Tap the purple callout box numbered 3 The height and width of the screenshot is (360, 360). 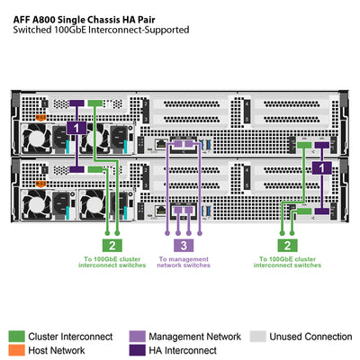[183, 245]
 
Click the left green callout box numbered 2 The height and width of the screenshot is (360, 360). [110, 245]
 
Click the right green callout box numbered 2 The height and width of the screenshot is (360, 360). [286, 245]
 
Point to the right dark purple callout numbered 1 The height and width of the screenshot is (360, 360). [321, 168]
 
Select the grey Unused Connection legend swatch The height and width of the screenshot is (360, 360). [258, 337]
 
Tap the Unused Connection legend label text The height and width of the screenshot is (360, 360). [310, 337]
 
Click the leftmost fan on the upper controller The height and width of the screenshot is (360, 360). [42, 139]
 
